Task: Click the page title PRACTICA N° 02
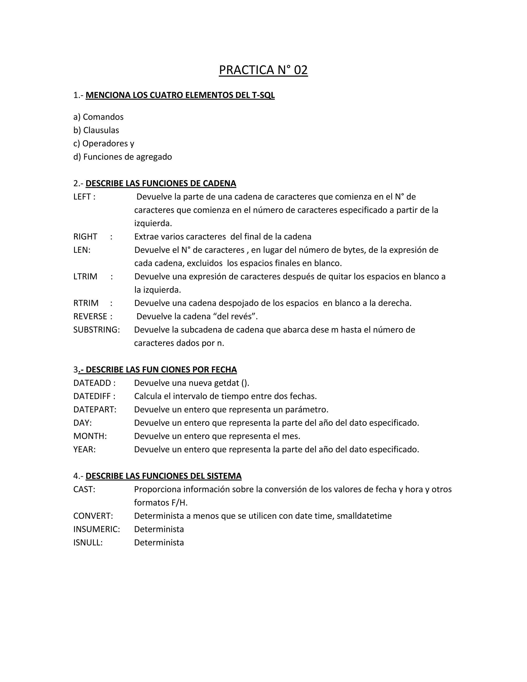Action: [x=263, y=70]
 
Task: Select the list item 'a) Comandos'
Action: [x=98, y=117]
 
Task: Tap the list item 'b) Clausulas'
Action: [x=96, y=130]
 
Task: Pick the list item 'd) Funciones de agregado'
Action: [x=122, y=157]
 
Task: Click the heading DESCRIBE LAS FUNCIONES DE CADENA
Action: [x=161, y=183]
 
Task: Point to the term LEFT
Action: [x=82, y=197]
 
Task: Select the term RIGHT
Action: [x=85, y=237]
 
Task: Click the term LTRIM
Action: [x=85, y=277]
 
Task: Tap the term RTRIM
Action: [x=86, y=303]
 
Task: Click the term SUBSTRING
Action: [x=96, y=330]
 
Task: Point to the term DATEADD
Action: [x=92, y=383]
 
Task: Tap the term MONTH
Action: [x=90, y=436]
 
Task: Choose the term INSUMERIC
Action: [x=96, y=529]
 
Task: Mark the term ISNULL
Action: [x=88, y=543]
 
